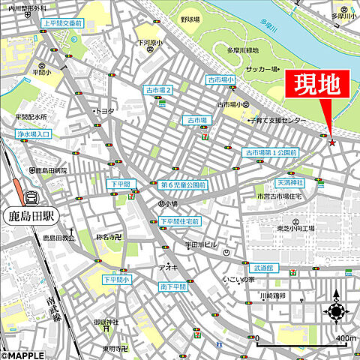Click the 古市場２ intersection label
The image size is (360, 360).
click(158, 91)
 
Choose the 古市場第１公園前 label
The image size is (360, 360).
click(271, 152)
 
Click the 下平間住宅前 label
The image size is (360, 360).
click(180, 221)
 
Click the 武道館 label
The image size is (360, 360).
click(264, 267)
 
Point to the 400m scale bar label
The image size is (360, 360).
click(345, 339)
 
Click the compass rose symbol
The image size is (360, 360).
click(335, 312)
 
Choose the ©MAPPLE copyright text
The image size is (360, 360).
click(22, 355)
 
